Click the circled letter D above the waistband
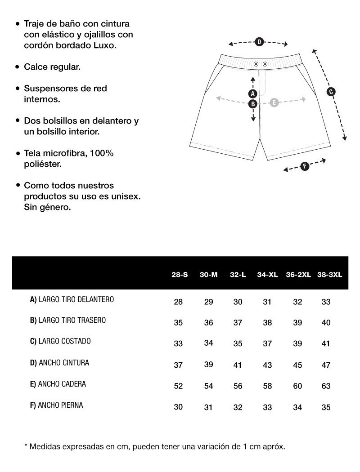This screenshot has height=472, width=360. click(259, 42)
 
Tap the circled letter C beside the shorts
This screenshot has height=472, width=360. click(331, 92)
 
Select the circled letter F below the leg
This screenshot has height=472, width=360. click(305, 166)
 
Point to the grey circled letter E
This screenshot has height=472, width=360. click(274, 103)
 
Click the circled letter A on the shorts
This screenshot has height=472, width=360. click(253, 94)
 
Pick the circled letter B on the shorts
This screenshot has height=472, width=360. click(253, 103)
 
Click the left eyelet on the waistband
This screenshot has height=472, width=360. click(256, 64)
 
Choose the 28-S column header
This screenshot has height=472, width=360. click(180, 274)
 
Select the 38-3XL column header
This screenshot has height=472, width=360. click(329, 274)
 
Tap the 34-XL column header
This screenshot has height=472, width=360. click(267, 274)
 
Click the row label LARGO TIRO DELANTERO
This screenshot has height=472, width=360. click(72, 299)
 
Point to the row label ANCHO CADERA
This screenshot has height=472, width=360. click(58, 384)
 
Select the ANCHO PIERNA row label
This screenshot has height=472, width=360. click(57, 405)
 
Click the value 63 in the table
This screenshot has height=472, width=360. click(326, 386)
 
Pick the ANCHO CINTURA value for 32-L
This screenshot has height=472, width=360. click(238, 365)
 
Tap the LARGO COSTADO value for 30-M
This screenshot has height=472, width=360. click(208, 343)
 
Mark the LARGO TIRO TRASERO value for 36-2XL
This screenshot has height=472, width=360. click(297, 323)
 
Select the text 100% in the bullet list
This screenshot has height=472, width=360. click(102, 153)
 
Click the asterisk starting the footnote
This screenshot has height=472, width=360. click(26, 446)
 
